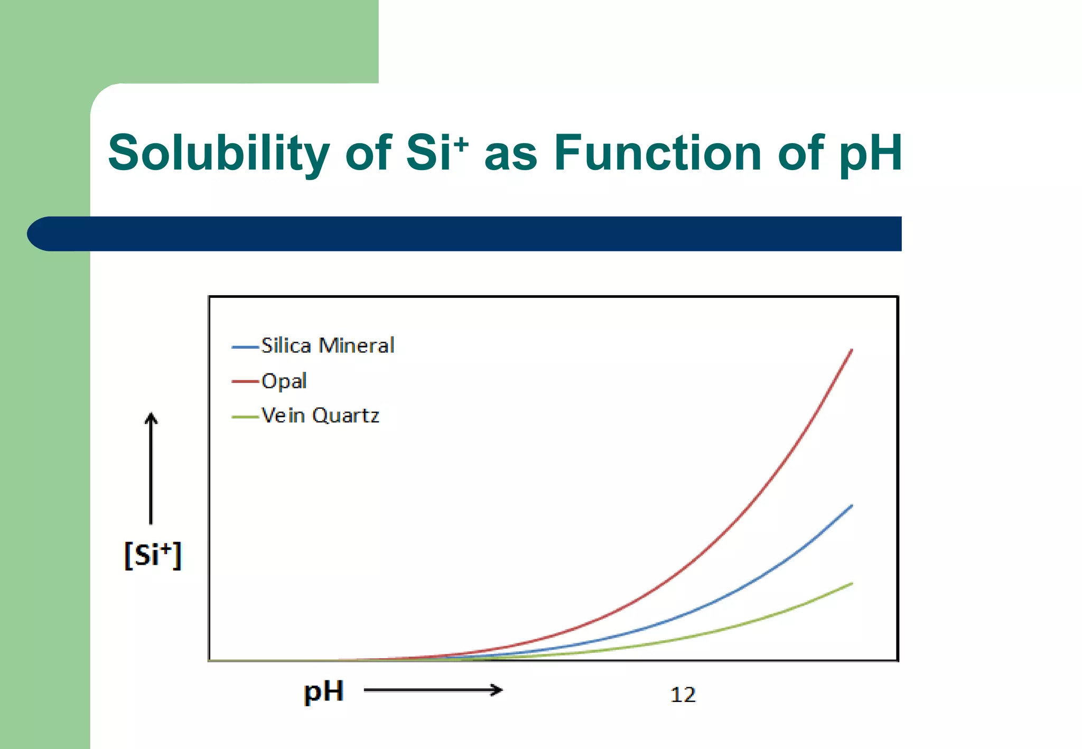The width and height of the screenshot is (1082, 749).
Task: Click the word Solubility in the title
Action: coord(219,153)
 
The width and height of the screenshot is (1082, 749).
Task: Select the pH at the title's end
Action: coord(870,154)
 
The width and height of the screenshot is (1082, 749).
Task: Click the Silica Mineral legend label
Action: coord(328,346)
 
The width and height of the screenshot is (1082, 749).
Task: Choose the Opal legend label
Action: coord(284,381)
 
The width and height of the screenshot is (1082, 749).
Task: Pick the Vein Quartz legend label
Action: coord(320,416)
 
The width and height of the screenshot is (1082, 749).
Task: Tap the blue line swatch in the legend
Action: coord(245,347)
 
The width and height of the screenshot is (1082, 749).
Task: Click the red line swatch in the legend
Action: coord(245,381)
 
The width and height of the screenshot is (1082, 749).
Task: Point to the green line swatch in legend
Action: coord(245,417)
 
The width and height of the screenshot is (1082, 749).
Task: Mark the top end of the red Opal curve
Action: coord(852,350)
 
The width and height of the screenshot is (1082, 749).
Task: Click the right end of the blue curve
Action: coord(852,506)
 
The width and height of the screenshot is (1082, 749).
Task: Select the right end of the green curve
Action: coord(852,584)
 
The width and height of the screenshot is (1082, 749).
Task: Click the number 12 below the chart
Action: coord(683,695)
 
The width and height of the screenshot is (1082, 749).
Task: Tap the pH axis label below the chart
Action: coord(323,691)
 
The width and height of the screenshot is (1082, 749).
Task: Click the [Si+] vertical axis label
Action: coord(153,555)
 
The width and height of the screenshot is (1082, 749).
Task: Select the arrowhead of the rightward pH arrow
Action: coord(498,690)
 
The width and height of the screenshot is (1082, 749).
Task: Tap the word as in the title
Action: coord(510,154)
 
